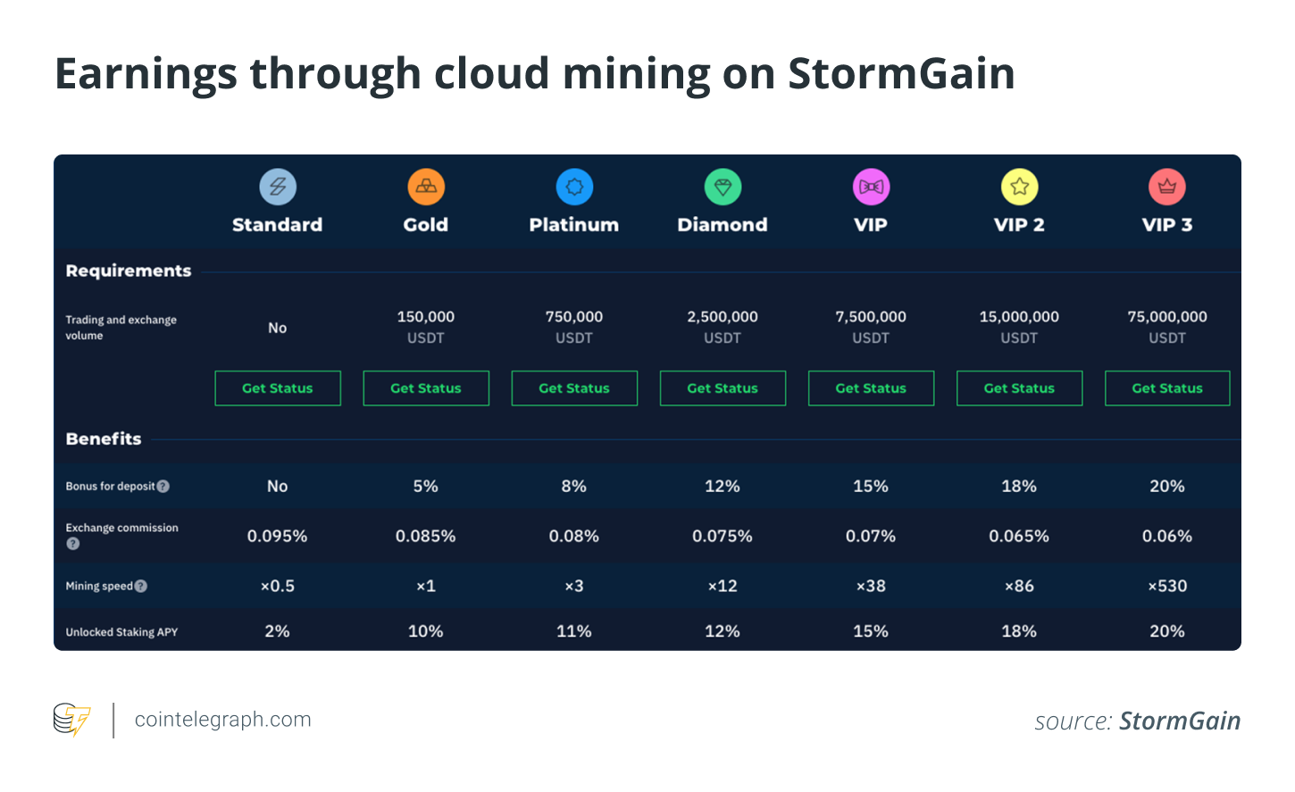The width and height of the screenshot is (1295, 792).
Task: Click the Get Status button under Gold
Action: (x=426, y=388)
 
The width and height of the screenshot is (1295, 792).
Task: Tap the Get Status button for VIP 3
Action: (x=1167, y=388)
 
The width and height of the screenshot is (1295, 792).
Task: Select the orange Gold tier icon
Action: (x=426, y=187)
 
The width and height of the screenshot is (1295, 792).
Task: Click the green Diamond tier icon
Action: (x=723, y=187)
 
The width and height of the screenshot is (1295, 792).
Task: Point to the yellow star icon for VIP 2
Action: (x=1019, y=187)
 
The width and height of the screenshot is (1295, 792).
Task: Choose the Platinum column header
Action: (x=573, y=225)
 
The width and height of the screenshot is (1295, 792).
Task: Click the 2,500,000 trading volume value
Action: (x=723, y=317)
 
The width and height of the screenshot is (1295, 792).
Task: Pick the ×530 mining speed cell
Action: (x=1167, y=586)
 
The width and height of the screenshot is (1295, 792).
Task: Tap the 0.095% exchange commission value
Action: (x=277, y=536)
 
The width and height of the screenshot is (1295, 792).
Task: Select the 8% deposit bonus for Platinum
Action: (x=573, y=486)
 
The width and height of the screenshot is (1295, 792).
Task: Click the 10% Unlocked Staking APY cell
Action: (x=426, y=631)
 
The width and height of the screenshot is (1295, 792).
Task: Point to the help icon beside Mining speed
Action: (x=141, y=587)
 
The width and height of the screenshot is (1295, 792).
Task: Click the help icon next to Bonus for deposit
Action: (x=163, y=487)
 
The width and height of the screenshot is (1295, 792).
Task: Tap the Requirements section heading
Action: (x=129, y=271)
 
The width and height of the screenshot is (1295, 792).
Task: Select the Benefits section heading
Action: (x=104, y=438)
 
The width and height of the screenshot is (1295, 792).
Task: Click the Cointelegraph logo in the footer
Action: (x=71, y=720)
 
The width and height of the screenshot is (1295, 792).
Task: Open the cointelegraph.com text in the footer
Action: (x=222, y=720)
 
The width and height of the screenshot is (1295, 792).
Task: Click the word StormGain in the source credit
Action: (x=1179, y=721)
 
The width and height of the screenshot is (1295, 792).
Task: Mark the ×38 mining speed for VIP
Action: (x=871, y=586)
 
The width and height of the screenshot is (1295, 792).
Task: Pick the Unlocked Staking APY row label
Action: (x=121, y=632)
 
